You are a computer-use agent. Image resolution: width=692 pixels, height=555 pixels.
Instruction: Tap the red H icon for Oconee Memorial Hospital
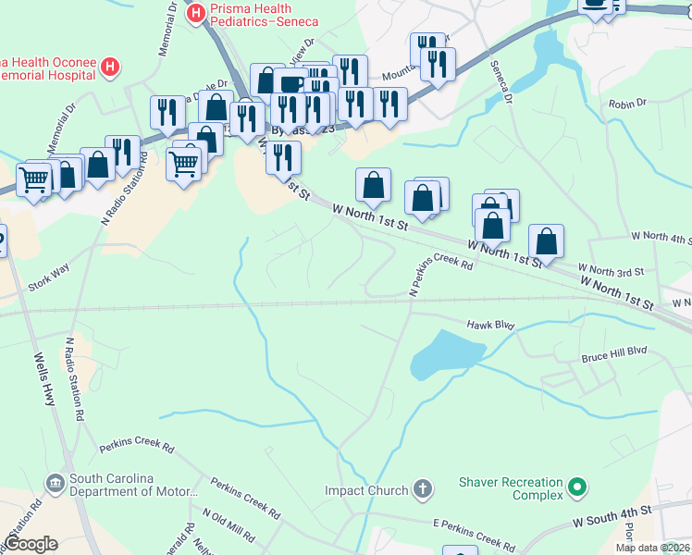pos(110,67)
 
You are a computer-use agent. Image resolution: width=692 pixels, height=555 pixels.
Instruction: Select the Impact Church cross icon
pos(422,489)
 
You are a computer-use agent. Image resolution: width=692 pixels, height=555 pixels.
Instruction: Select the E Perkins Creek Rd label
pos(475,534)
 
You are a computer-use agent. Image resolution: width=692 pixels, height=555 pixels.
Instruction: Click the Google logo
pos(31,544)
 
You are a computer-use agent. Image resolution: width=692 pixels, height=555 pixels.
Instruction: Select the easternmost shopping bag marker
pos(547,241)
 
